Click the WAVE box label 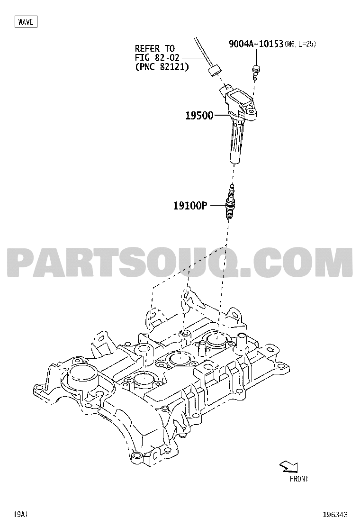[x=26, y=22]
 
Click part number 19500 [x=199, y=116]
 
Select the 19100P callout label [x=190, y=205]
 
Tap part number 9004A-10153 [x=256, y=44]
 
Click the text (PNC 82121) [x=162, y=67]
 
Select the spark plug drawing [x=230, y=202]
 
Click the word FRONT [x=299, y=479]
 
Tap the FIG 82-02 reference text [x=157, y=57]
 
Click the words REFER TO [x=155, y=48]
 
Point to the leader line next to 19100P [x=216, y=205]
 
